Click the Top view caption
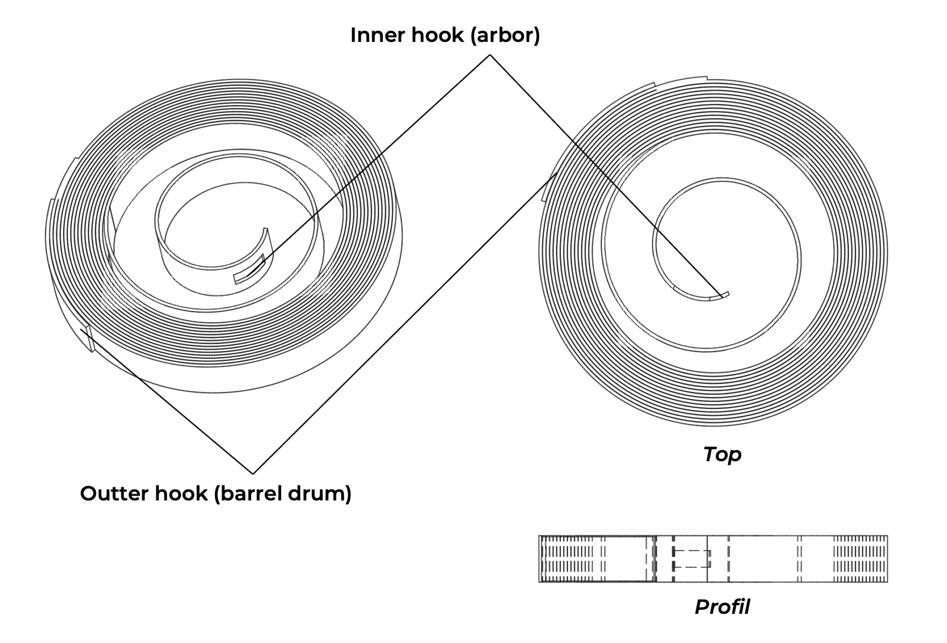point(722,454)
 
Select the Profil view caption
point(722,607)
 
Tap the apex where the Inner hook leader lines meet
point(490,55)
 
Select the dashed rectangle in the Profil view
point(692,559)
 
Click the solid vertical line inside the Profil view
point(707,559)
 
